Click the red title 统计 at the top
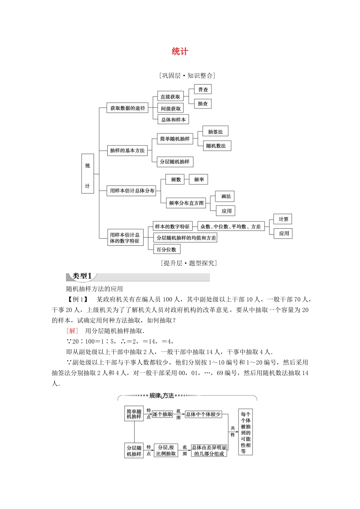point(180,52)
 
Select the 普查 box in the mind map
point(203,89)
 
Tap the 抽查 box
point(203,104)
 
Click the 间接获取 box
point(171,108)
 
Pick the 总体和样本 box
point(173,120)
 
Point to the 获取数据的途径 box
point(128,108)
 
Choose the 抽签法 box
point(215,132)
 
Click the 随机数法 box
point(216,146)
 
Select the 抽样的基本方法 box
point(127,150)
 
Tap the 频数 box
point(175,180)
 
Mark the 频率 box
point(199,180)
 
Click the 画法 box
point(226,196)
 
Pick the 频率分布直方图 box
point(186,203)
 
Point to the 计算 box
point(283,219)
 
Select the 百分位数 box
point(166,250)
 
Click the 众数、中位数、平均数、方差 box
point(231,226)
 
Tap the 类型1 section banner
point(82,276)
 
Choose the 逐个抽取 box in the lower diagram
point(163,414)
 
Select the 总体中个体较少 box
point(203,414)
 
